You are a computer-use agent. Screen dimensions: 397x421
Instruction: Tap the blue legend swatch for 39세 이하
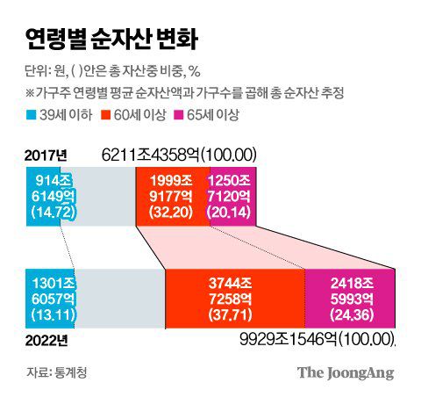tap(32, 115)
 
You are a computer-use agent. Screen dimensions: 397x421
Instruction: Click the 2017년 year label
tap(46, 155)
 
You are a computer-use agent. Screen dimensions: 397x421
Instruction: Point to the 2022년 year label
tap(46, 339)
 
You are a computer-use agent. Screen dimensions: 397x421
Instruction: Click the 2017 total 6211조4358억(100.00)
tap(179, 155)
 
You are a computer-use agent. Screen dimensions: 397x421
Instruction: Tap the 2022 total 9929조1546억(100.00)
tap(318, 339)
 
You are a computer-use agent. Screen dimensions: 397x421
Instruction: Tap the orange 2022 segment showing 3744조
tap(234, 299)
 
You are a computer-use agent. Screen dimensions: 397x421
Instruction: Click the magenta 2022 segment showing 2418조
tap(349, 299)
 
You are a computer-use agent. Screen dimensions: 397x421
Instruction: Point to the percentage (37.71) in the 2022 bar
tap(234, 315)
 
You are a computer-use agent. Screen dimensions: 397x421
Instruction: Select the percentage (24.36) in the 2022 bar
tap(349, 315)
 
